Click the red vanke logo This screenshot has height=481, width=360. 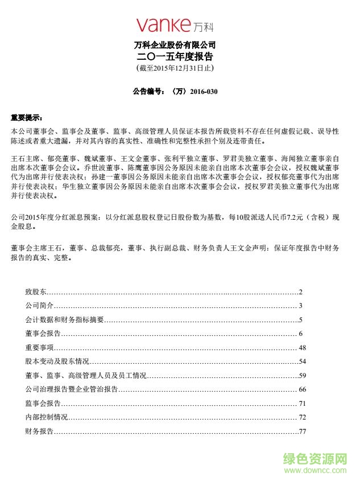click(175, 25)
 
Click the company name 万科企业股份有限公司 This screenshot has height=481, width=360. click(175, 45)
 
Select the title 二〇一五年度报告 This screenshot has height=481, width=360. click(175, 57)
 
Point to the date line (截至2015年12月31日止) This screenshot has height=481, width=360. click(175, 68)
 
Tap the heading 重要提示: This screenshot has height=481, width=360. click(27, 118)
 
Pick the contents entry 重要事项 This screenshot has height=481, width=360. click(39, 348)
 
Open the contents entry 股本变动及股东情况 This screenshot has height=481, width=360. click(57, 361)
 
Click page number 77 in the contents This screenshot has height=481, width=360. click(302, 431)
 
